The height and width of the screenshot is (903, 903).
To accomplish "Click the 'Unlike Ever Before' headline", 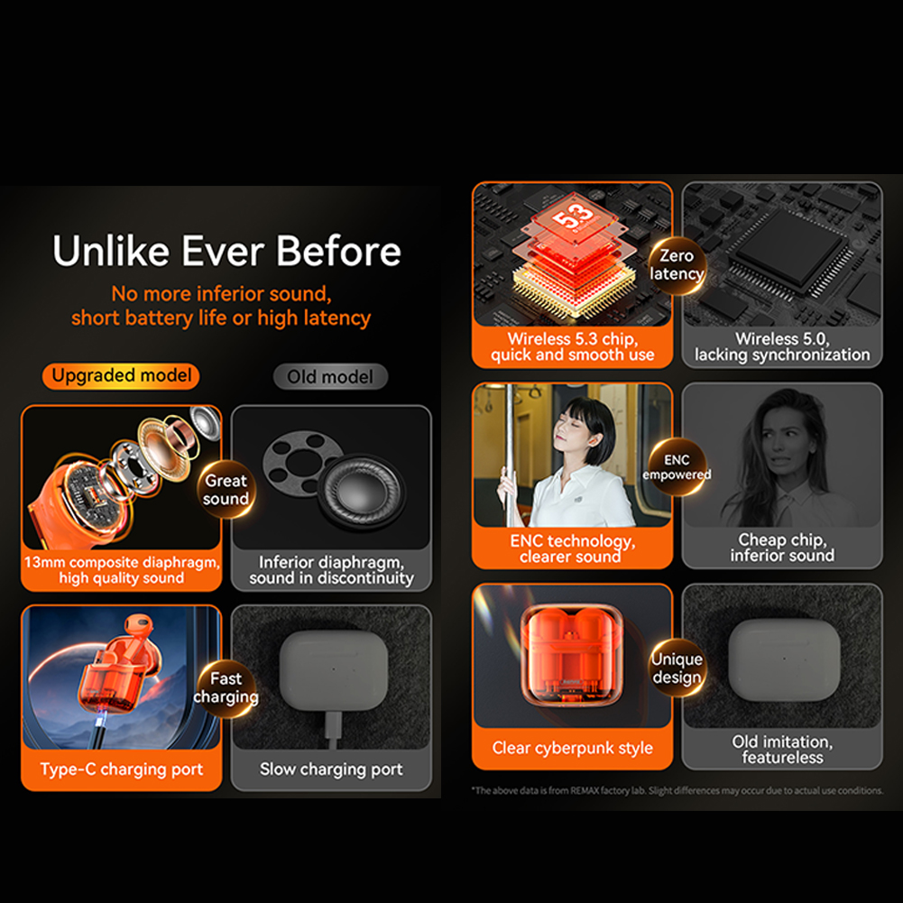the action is [226, 251].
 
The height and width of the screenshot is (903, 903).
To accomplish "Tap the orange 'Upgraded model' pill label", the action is [121, 376].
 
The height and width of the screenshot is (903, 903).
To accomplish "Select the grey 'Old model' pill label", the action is [330, 377].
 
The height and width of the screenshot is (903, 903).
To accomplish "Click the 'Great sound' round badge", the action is [226, 490].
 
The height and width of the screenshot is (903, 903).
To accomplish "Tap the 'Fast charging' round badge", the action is [226, 687].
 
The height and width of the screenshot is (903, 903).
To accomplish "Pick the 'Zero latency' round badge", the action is [677, 265].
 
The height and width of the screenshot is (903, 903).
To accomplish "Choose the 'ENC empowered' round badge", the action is [677, 467].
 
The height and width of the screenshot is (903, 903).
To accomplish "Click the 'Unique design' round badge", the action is [677, 668].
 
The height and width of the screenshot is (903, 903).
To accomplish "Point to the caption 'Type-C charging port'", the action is [122, 769].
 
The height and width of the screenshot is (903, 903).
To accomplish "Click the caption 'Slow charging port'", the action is [331, 769].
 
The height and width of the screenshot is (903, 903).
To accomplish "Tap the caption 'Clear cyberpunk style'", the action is [573, 748].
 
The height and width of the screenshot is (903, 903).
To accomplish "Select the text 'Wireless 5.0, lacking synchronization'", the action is [782, 346].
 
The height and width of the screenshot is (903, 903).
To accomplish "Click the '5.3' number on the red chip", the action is [573, 216].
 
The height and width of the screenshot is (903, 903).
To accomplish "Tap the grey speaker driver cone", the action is [361, 490].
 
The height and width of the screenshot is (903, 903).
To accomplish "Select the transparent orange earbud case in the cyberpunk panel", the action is [571, 656].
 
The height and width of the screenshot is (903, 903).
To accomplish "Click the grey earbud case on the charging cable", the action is [334, 670].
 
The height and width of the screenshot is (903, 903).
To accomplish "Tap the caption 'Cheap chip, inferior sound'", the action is [782, 548].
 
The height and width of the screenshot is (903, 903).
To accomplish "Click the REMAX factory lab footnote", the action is [677, 791].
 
